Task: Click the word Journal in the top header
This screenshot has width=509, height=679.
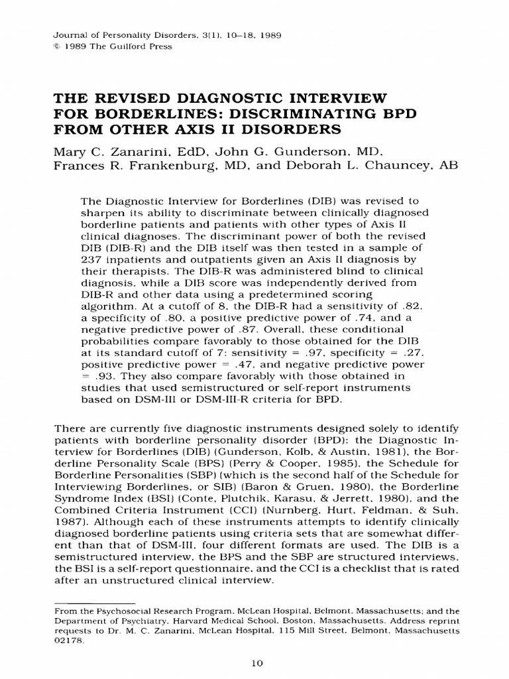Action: [66, 34]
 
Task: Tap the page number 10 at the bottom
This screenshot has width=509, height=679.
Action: [254, 662]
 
